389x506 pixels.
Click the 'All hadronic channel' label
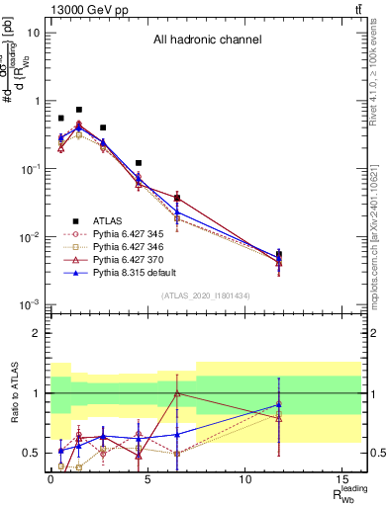click(206, 41)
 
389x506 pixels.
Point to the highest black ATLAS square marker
click(79, 110)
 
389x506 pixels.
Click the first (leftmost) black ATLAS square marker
click(60, 118)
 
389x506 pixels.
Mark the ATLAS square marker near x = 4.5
click(138, 162)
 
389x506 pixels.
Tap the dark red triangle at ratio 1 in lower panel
click(176, 393)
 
